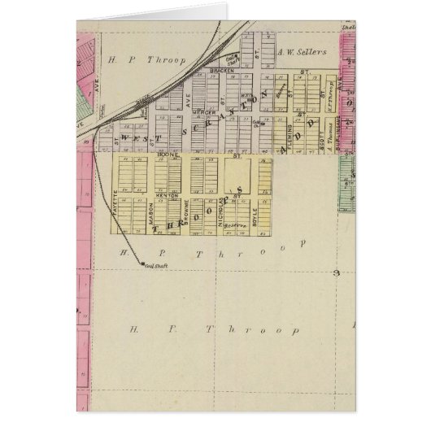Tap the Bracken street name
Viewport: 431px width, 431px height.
click(221, 72)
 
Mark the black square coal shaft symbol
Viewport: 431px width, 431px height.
click(141, 263)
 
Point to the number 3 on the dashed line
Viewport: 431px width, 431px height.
click(334, 273)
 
